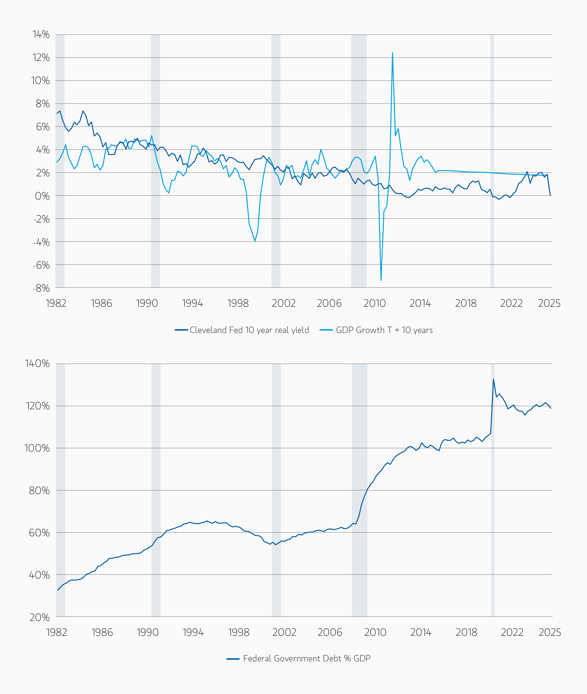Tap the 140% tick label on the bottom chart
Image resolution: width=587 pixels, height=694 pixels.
pos(37,364)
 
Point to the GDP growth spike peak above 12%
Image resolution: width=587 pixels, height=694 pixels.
pos(392,53)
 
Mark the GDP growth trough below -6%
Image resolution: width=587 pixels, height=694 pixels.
pos(381,280)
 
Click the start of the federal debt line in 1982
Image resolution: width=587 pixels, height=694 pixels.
pos(58,590)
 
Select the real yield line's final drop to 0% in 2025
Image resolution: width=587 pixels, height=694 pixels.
pos(550,195)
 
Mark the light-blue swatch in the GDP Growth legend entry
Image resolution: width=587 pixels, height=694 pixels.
pos(326,330)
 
